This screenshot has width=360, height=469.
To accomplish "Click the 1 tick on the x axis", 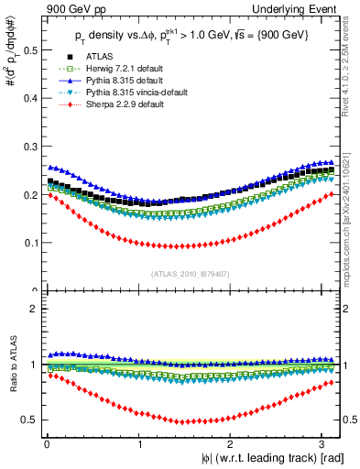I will pos(138,442).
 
